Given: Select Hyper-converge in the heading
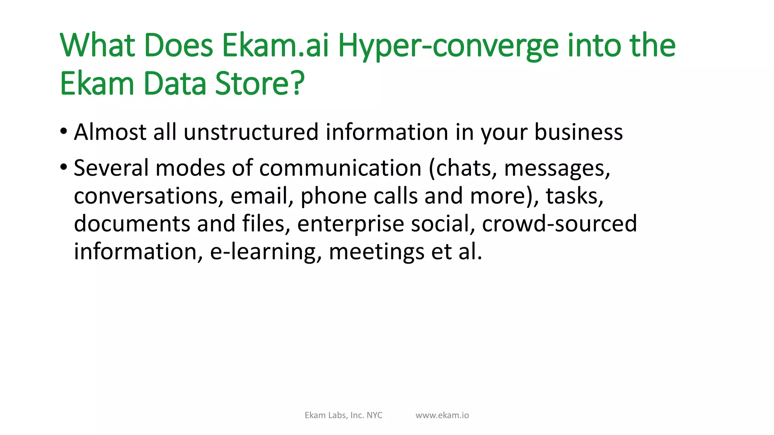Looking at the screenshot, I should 448,46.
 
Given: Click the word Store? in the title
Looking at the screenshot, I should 260,83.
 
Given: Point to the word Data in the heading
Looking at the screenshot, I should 175,83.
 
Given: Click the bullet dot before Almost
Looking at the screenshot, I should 63,132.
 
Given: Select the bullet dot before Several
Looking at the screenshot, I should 63,167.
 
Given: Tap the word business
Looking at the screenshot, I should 578,132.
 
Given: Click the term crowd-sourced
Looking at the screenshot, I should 559,224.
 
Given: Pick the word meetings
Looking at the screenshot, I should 376,252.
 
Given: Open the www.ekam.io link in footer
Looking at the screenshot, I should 442,415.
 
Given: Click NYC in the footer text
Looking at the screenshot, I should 375,415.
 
